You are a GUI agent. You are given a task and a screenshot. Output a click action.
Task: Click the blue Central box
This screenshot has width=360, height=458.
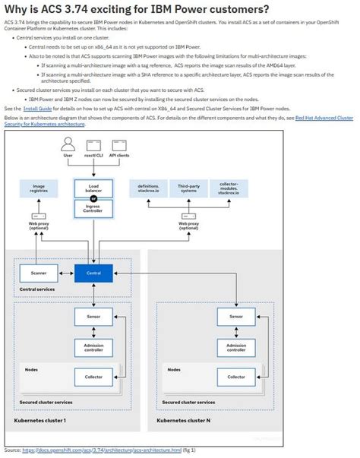pos(93,273)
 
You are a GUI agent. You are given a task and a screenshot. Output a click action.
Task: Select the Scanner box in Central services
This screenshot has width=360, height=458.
pos(38,273)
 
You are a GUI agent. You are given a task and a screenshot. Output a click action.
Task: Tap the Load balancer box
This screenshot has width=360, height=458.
pos(93,187)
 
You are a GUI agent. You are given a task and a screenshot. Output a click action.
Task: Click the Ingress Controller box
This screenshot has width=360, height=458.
pos(93,207)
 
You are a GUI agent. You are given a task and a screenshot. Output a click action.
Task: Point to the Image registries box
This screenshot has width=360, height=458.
pos(38,188)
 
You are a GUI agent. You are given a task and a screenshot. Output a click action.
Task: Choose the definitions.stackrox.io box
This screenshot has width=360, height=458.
pos(149,188)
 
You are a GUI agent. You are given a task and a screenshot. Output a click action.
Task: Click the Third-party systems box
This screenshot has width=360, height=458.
pos(188,188)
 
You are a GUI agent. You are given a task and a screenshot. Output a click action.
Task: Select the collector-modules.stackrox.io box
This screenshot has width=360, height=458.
pos(229,188)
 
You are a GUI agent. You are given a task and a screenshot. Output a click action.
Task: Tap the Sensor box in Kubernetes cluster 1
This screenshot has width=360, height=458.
pos(93,315)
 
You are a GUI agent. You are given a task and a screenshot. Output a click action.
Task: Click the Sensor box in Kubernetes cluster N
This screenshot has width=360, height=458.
pos(235,315)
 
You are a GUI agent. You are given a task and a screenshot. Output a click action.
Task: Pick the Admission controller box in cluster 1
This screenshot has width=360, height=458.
pos(93,347)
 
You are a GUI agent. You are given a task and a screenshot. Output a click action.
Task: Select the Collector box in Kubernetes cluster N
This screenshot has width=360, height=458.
pos(235,376)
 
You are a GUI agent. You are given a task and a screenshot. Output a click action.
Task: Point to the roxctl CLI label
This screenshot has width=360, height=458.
pos(93,155)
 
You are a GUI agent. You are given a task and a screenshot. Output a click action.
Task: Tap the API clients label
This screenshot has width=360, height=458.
pos(119,155)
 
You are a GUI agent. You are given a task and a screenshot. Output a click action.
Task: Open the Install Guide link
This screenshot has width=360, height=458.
pos(37,109)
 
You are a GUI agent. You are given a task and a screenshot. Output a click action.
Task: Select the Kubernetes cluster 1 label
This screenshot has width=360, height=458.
pos(39,420)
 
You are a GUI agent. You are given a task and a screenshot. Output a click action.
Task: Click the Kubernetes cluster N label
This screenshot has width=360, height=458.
pos(183,420)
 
